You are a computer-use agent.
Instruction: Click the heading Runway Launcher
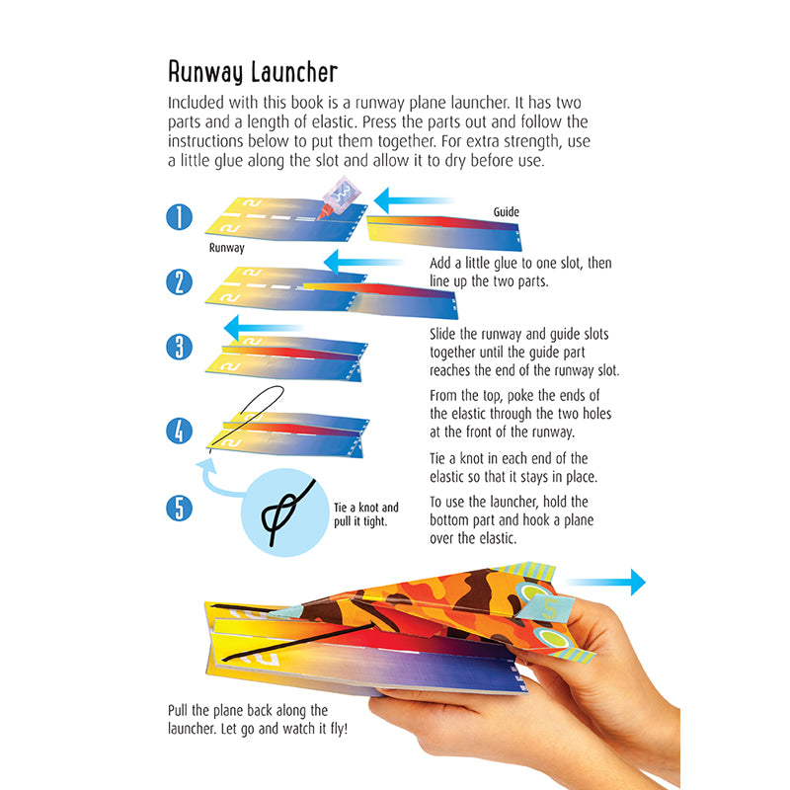pyautogui.click(x=253, y=72)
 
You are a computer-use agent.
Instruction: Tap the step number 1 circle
pyautogui.click(x=179, y=216)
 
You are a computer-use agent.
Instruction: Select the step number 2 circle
pyautogui.click(x=179, y=282)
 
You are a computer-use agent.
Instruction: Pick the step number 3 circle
pyautogui.click(x=179, y=347)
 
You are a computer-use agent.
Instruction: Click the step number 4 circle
pyautogui.click(x=179, y=431)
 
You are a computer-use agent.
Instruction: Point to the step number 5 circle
pyautogui.click(x=179, y=508)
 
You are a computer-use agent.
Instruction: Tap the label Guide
pyautogui.click(x=506, y=212)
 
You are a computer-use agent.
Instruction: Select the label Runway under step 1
pyautogui.click(x=226, y=249)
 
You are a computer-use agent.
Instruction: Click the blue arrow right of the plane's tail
pyautogui.click(x=606, y=583)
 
